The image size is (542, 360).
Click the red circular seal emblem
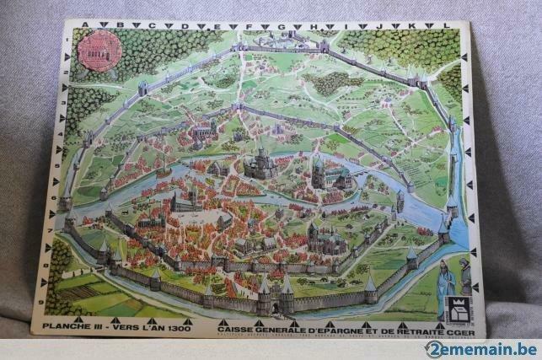click(99, 50)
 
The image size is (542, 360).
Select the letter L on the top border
click(447, 26)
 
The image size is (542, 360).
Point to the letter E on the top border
click(217, 26)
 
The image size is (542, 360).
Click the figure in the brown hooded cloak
click(465, 282)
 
